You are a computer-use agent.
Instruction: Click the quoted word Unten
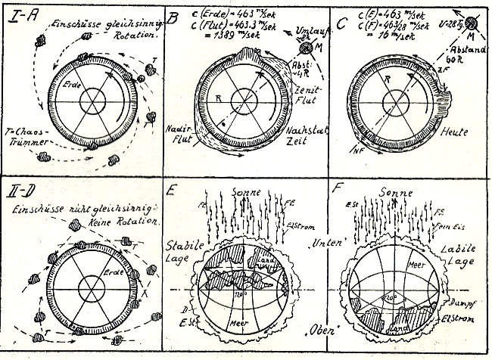pyautogui.click(x=308, y=241)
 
